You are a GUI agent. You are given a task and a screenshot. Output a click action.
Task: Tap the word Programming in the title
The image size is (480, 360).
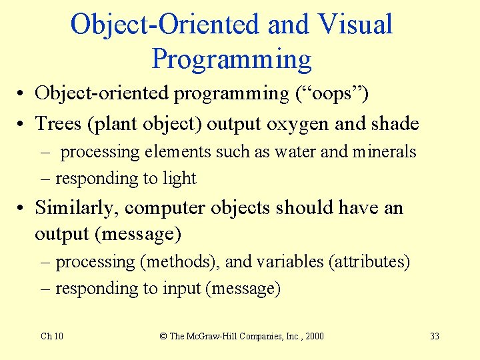(231, 59)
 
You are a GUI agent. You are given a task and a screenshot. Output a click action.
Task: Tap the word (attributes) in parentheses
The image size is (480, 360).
(369, 262)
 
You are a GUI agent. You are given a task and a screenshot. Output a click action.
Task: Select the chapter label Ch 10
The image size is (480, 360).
(52, 336)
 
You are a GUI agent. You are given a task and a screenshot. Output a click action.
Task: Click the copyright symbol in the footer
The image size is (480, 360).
(163, 336)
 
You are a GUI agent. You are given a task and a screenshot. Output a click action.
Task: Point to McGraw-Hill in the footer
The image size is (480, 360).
(213, 336)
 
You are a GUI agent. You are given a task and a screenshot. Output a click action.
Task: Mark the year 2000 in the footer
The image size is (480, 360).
(313, 336)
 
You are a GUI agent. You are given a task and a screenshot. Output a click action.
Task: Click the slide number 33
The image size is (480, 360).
(434, 336)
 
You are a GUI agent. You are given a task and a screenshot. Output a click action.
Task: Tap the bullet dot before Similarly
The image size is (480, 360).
(23, 209)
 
